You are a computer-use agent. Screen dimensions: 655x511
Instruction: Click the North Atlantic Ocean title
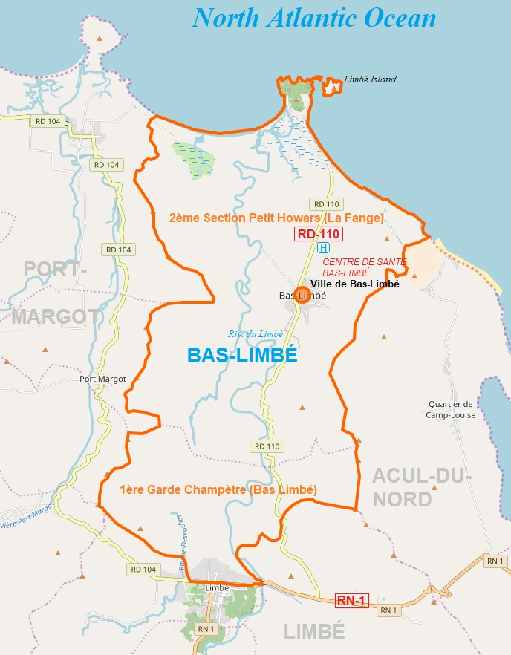click(314, 18)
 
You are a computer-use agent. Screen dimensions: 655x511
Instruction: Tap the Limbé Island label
click(370, 79)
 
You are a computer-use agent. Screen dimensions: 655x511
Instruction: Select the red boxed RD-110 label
click(318, 235)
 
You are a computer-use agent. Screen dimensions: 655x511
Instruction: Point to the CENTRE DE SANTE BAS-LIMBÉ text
click(364, 267)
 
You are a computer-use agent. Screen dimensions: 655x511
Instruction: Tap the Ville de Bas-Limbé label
click(355, 284)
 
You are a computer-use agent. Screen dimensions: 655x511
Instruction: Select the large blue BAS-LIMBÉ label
click(242, 356)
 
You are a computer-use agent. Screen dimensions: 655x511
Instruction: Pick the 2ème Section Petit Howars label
click(276, 218)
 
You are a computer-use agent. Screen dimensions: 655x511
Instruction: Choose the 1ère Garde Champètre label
click(218, 490)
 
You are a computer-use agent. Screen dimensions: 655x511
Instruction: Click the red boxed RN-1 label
click(352, 600)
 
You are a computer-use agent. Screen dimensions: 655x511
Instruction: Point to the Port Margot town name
click(102, 379)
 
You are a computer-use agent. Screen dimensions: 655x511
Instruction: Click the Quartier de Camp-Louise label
click(450, 410)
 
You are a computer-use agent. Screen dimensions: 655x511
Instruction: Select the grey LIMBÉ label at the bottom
click(314, 631)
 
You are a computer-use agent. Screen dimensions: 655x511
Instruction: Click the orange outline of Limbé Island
click(332, 87)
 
